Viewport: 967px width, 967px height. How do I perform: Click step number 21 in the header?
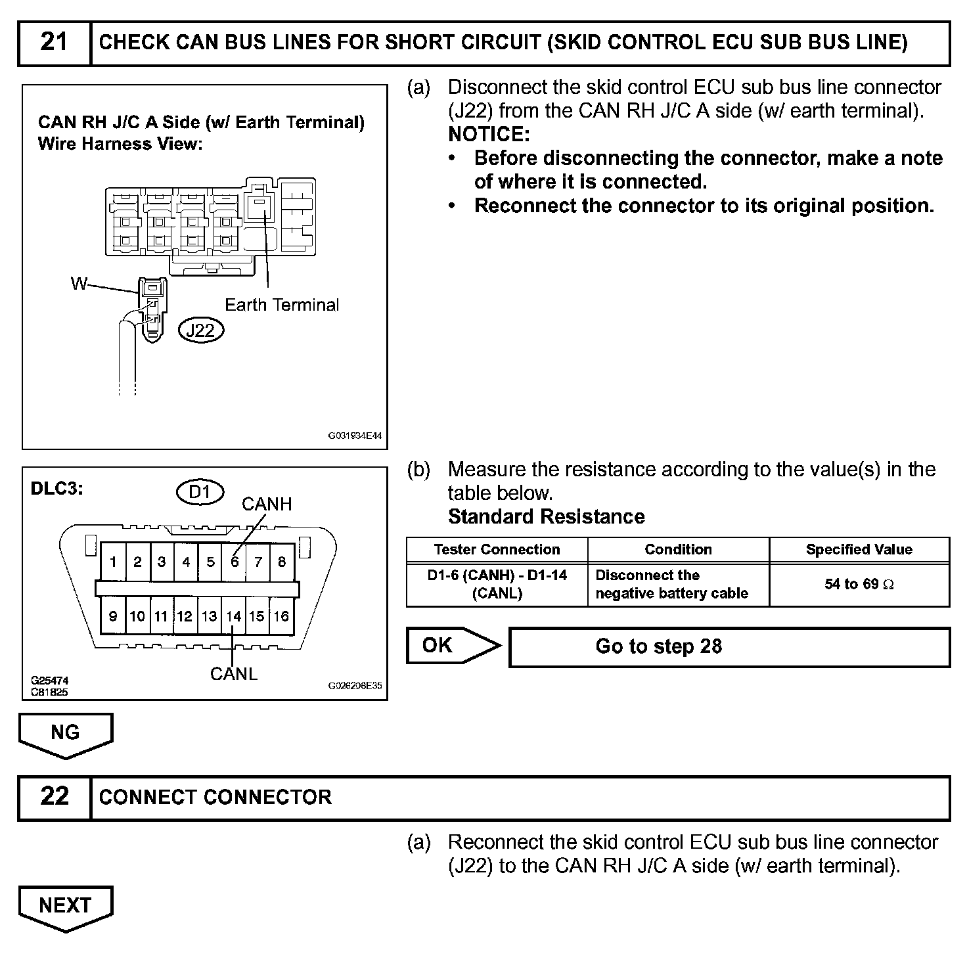tap(54, 43)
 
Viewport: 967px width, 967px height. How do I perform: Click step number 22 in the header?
tap(54, 797)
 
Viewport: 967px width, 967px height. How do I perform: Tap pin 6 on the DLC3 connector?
tap(235, 562)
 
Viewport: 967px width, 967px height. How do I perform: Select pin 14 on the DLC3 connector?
tap(233, 617)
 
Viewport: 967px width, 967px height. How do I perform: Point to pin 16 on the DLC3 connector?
tap(281, 617)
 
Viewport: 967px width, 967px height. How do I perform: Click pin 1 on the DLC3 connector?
tap(114, 562)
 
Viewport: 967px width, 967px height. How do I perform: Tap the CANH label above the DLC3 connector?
tap(267, 505)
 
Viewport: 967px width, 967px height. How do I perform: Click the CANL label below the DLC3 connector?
tap(234, 674)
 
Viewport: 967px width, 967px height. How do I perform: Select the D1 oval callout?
tap(200, 491)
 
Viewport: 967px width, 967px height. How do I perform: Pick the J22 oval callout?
tap(201, 330)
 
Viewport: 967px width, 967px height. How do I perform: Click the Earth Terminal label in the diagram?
tap(282, 305)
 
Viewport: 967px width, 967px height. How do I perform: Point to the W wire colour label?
tap(79, 284)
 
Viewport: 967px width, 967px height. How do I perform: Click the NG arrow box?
tap(65, 733)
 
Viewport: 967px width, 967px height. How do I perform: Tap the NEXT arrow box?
tap(65, 906)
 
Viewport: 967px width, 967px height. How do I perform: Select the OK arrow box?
tap(447, 646)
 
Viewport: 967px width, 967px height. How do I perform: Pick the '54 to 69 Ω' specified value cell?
tap(859, 584)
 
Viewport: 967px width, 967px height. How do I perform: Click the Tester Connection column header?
tap(497, 550)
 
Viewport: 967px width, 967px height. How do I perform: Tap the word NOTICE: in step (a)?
tap(489, 135)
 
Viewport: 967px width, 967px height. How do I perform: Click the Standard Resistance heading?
tap(546, 517)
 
